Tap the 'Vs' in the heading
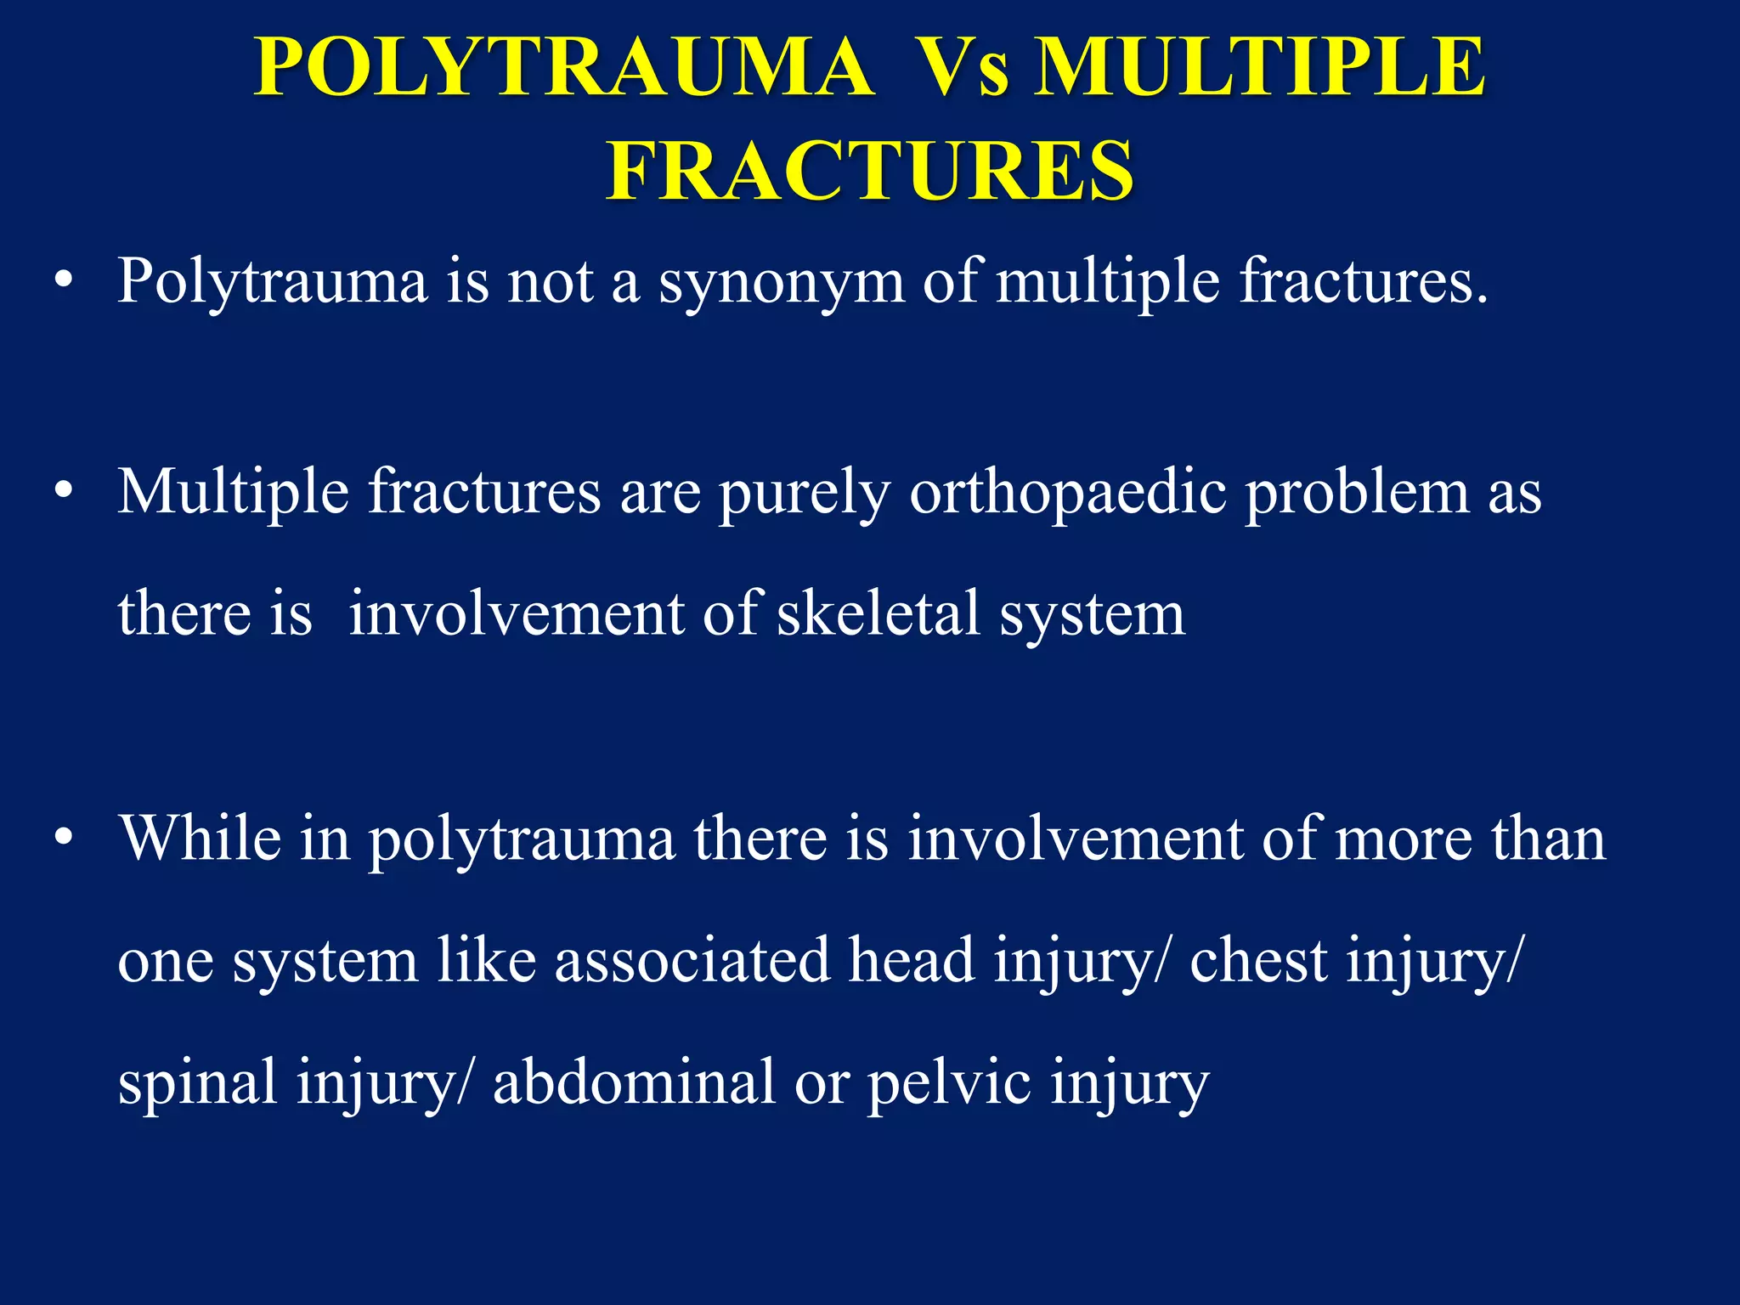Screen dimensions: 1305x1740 (965, 68)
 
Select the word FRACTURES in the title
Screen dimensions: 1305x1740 (870, 172)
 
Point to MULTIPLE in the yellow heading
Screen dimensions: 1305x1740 (1260, 68)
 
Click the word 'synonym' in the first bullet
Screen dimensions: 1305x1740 (782, 282)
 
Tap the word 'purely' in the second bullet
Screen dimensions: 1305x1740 (805, 494)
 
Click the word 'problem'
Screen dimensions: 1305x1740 (1358, 494)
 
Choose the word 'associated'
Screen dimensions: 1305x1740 (692, 960)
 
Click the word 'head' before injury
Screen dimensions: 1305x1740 (912, 960)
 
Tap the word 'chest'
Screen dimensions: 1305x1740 (1258, 960)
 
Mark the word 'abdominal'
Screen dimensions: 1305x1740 (635, 1082)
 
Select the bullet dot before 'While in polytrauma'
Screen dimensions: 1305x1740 (63, 839)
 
